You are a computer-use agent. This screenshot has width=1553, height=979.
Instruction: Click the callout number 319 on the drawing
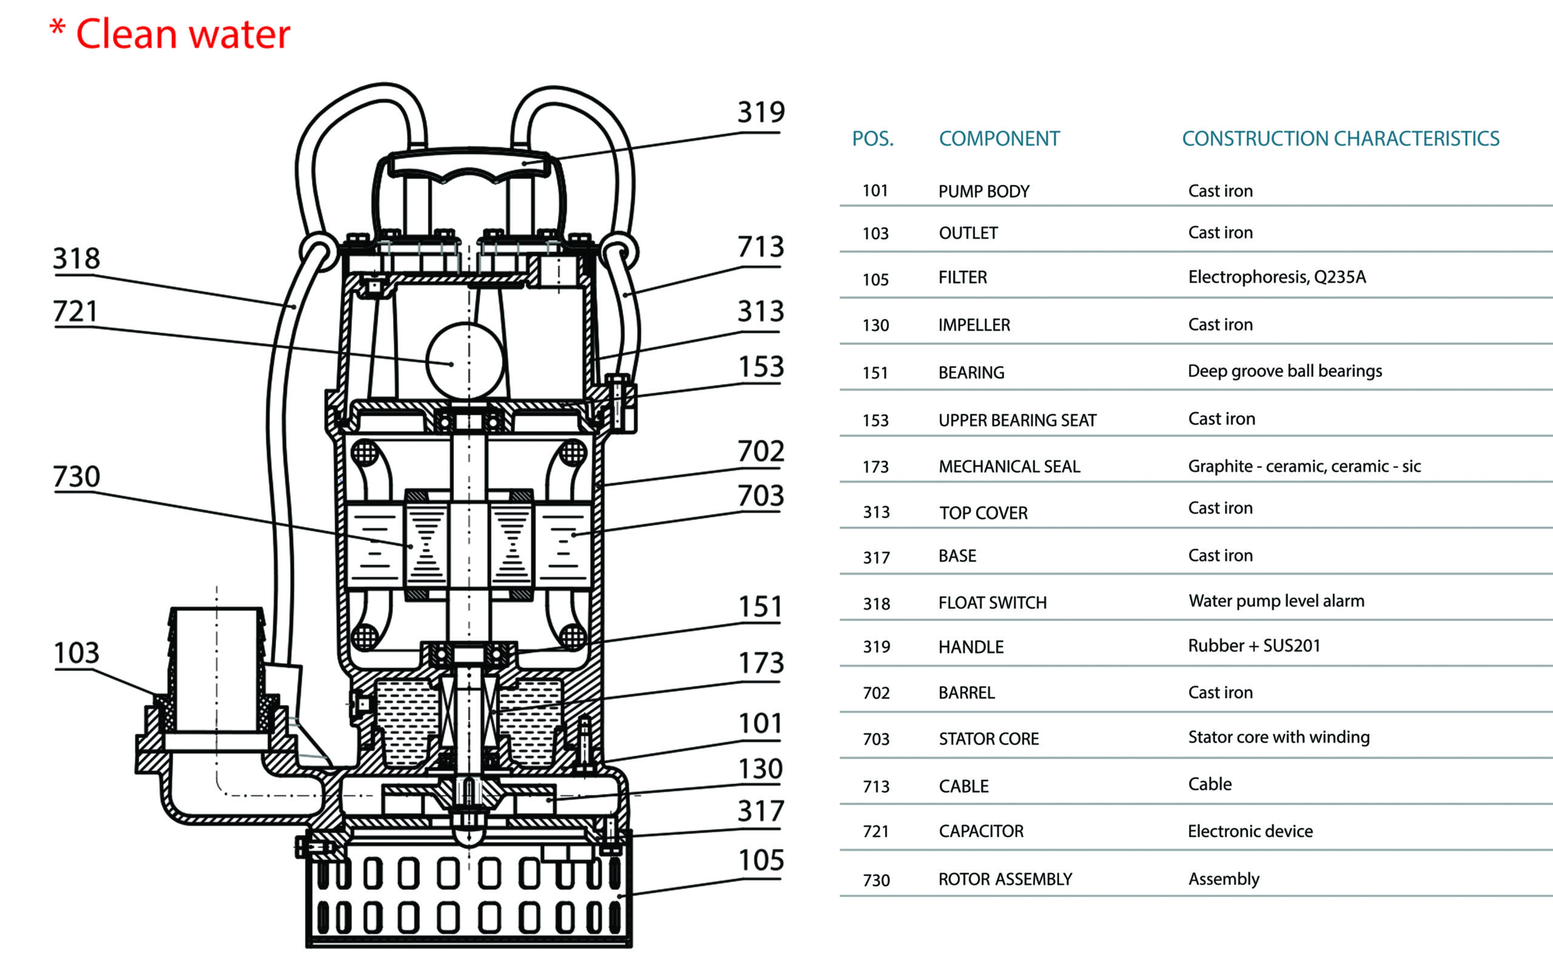[x=761, y=113]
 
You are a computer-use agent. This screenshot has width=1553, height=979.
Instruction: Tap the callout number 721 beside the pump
[x=75, y=312]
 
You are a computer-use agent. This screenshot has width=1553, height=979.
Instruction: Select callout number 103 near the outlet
[x=76, y=653]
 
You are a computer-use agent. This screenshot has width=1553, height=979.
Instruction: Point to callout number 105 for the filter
[x=761, y=860]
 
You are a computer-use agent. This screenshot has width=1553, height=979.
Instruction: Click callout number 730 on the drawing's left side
[x=76, y=477]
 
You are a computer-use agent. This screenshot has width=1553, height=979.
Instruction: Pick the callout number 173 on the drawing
[x=761, y=663]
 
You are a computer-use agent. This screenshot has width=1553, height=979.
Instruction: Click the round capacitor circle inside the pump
[x=464, y=361]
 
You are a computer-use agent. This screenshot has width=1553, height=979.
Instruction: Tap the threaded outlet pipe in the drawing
[x=217, y=671]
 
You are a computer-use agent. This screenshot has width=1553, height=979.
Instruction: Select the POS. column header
[x=872, y=139]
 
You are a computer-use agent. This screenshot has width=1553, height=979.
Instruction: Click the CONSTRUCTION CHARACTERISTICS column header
[x=1340, y=139]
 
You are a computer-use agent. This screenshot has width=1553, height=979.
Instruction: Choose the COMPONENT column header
[x=999, y=139]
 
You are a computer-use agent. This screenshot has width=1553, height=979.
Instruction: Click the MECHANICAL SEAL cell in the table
[x=1009, y=467]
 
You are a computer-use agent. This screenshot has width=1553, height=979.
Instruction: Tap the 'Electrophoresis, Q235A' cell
[x=1276, y=277]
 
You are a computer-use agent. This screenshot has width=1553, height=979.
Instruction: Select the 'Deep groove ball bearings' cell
[x=1285, y=371]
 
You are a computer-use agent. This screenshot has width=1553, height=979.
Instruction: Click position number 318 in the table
[x=877, y=603]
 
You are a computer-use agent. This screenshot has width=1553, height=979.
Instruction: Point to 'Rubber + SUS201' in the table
[x=1254, y=646]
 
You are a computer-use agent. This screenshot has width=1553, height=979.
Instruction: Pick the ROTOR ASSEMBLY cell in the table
[x=1005, y=879]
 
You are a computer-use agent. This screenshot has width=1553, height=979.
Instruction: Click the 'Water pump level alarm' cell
[x=1276, y=601]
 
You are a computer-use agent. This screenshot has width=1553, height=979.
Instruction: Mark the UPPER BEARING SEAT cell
[x=1017, y=420]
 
